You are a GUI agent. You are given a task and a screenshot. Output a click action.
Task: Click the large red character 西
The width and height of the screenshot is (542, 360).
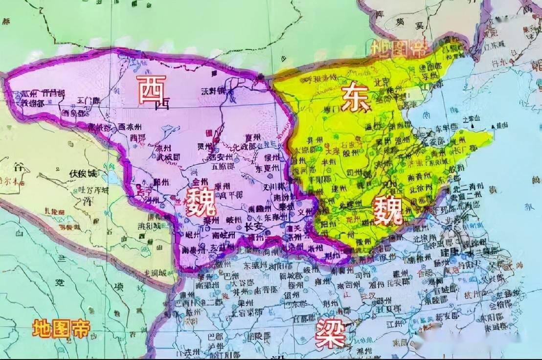click(152, 89)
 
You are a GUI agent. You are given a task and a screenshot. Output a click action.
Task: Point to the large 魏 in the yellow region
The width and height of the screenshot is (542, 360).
click(387, 211)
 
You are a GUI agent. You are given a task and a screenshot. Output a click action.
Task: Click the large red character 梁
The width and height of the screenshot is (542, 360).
click(330, 334)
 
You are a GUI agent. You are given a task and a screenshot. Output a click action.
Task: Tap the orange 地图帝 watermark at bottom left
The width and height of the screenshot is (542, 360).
click(62, 328)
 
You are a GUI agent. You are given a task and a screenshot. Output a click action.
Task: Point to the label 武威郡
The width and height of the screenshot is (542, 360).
click(168, 157)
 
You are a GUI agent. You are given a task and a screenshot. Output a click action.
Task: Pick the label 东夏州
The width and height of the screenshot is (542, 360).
click(267, 168)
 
